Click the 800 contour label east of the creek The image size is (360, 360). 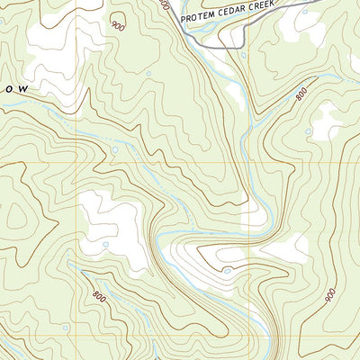pos(301,92)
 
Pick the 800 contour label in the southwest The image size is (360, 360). pos(97,295)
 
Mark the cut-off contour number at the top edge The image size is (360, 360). pos(163,4)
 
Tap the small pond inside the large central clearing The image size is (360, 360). pos(105,243)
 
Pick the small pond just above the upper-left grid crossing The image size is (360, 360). pos(114,148)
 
